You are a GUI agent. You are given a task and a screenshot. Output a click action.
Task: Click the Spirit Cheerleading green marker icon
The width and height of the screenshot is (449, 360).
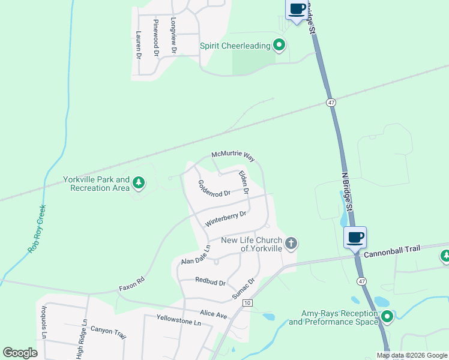coord(279,45)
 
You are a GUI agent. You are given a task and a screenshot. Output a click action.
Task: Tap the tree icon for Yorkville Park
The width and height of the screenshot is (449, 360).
coord(139,182)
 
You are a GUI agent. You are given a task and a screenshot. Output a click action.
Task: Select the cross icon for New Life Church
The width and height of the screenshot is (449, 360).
coord(291,244)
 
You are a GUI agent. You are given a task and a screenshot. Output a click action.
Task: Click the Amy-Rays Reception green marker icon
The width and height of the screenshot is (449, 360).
coord(388,316)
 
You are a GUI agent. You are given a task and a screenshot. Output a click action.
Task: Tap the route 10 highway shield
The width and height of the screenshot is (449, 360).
coord(247,304)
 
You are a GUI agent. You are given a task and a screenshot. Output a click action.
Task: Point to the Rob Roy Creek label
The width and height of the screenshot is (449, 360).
coord(37,229)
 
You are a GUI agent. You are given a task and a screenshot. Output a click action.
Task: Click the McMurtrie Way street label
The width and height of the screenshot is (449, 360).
coord(233,155)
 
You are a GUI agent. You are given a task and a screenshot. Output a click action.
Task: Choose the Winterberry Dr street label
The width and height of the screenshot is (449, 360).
coord(226,218)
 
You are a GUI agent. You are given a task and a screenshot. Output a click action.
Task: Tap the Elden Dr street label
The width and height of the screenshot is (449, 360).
coord(244,183)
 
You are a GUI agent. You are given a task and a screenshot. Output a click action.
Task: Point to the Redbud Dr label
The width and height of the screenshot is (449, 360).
coord(210,281)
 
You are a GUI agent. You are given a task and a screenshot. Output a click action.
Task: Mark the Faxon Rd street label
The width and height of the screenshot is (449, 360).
coord(133,280)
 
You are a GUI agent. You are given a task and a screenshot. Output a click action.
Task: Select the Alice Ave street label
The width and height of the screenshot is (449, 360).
coord(214,314)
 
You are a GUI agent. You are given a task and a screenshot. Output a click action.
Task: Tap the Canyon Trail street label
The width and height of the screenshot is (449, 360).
coord(109,332)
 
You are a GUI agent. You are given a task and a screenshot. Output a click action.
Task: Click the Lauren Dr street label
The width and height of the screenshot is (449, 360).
coord(138,45)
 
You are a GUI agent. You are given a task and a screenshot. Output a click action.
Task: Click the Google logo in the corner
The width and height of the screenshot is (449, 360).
coord(20,353)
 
